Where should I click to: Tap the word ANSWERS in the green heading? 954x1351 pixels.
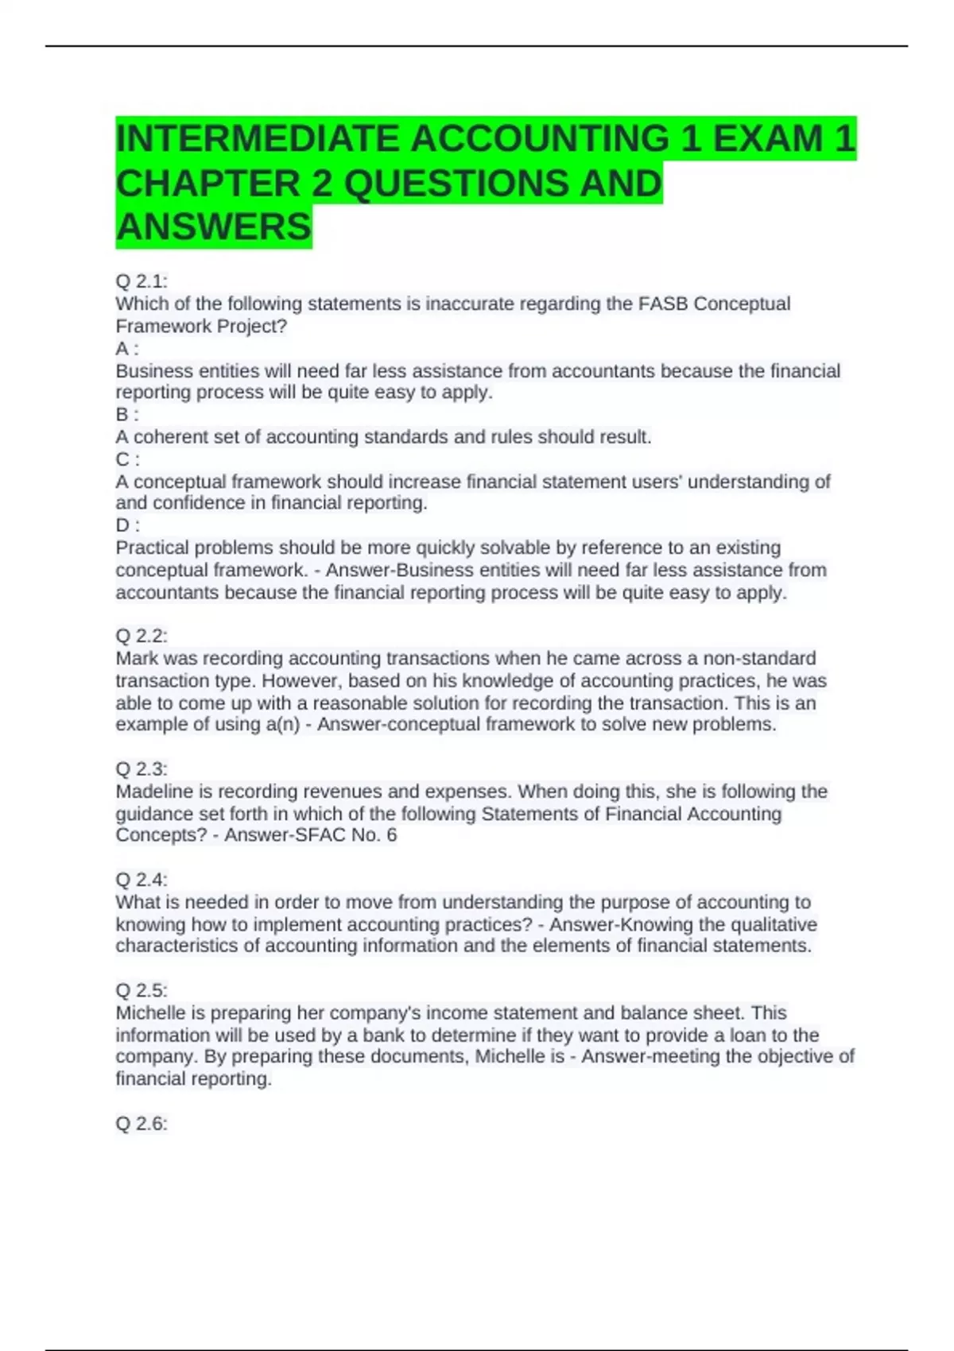click(x=214, y=226)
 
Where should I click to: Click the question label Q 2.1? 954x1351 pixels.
click(x=142, y=281)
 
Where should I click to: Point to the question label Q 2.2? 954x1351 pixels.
click(x=142, y=636)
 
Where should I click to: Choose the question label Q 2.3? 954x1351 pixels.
click(x=142, y=768)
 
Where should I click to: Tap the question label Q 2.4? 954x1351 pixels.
click(x=142, y=879)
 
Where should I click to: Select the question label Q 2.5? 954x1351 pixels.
click(x=142, y=990)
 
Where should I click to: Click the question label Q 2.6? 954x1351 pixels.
click(x=142, y=1123)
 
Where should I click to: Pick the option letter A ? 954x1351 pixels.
click(x=127, y=348)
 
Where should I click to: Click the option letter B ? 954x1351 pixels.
click(x=127, y=414)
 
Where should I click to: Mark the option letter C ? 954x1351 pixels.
click(x=127, y=459)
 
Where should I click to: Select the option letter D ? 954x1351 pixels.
click(x=127, y=525)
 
